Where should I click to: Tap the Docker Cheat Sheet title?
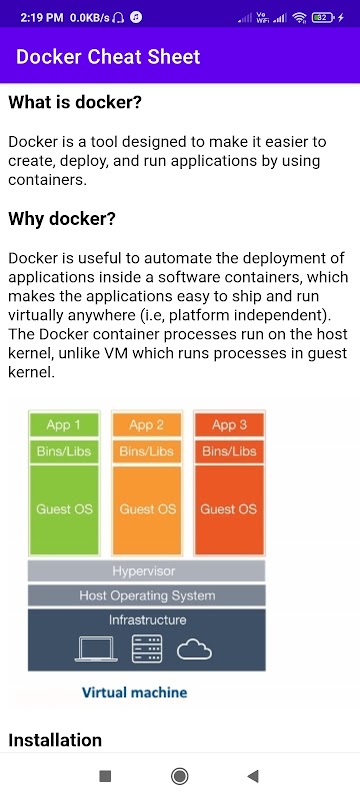(x=108, y=57)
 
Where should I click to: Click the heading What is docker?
(x=74, y=103)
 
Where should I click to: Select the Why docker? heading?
(x=62, y=219)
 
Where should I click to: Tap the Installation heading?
(x=55, y=740)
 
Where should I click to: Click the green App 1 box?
(x=64, y=424)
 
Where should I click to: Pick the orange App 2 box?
(x=146, y=424)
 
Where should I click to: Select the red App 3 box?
(x=229, y=424)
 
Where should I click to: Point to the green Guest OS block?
(x=64, y=509)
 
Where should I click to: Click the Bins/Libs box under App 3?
(x=229, y=451)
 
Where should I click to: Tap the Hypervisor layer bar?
(x=146, y=571)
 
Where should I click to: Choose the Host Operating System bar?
(x=146, y=595)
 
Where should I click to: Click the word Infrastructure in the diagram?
(x=147, y=620)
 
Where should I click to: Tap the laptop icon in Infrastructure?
(x=96, y=649)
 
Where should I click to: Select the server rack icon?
(x=147, y=649)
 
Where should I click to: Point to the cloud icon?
(x=194, y=650)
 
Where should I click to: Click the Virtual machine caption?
(x=135, y=692)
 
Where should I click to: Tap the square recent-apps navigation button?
(x=105, y=776)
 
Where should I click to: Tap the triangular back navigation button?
(x=253, y=776)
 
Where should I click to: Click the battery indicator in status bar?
(x=323, y=18)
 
